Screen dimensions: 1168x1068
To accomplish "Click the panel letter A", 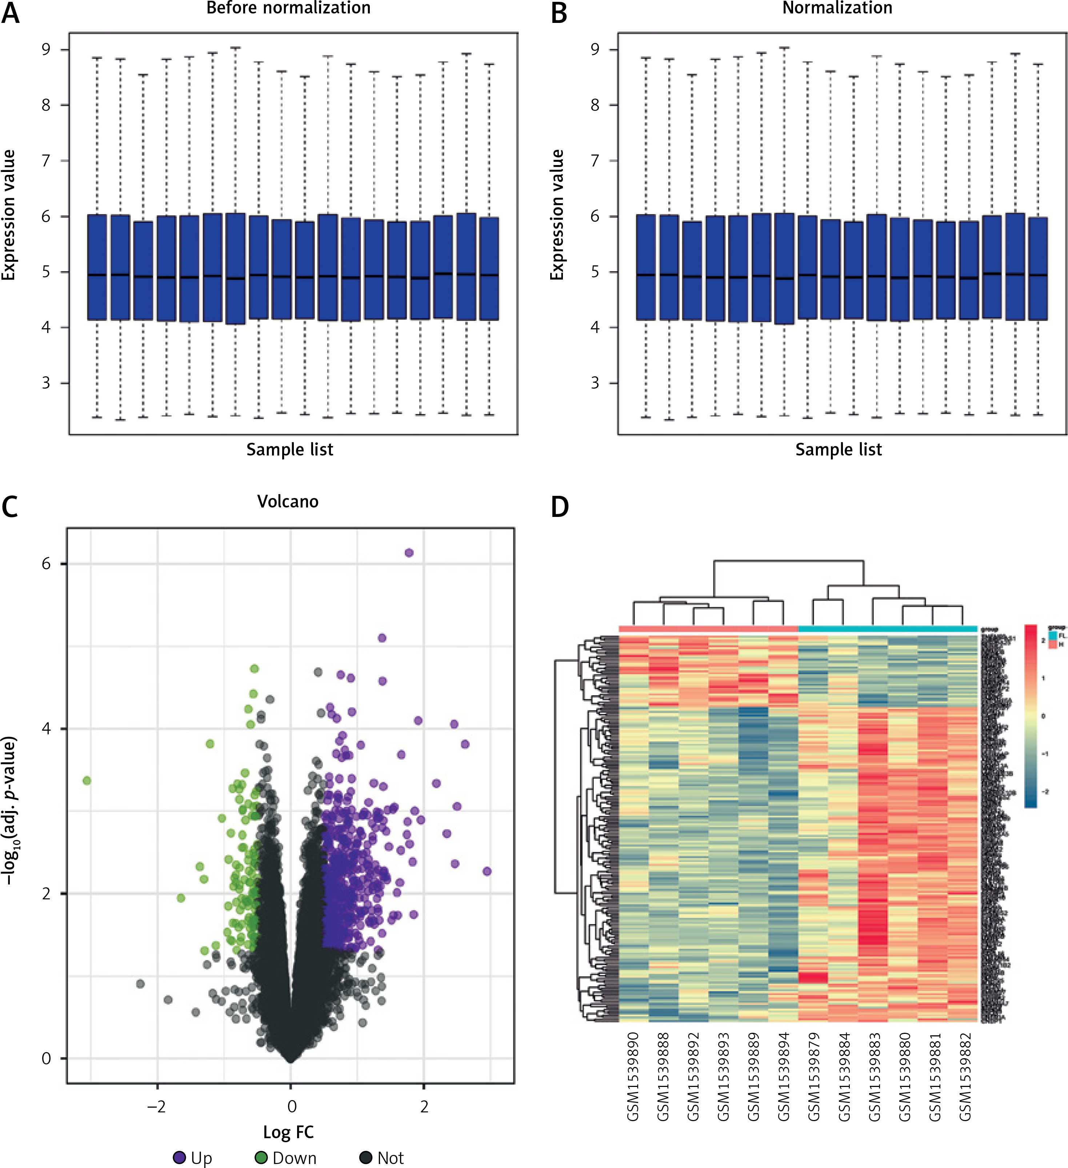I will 11,13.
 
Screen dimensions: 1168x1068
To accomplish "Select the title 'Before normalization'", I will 288,8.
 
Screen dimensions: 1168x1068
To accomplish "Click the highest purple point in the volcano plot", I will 409,553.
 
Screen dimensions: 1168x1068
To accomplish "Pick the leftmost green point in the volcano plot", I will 87,780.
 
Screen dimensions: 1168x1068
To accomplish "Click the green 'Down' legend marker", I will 261,1157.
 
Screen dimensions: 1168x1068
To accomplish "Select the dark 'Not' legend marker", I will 366,1157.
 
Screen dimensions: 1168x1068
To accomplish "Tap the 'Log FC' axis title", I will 288,1132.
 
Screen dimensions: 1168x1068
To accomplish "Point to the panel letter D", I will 559,507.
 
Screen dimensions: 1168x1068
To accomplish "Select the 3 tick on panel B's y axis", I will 595,383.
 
